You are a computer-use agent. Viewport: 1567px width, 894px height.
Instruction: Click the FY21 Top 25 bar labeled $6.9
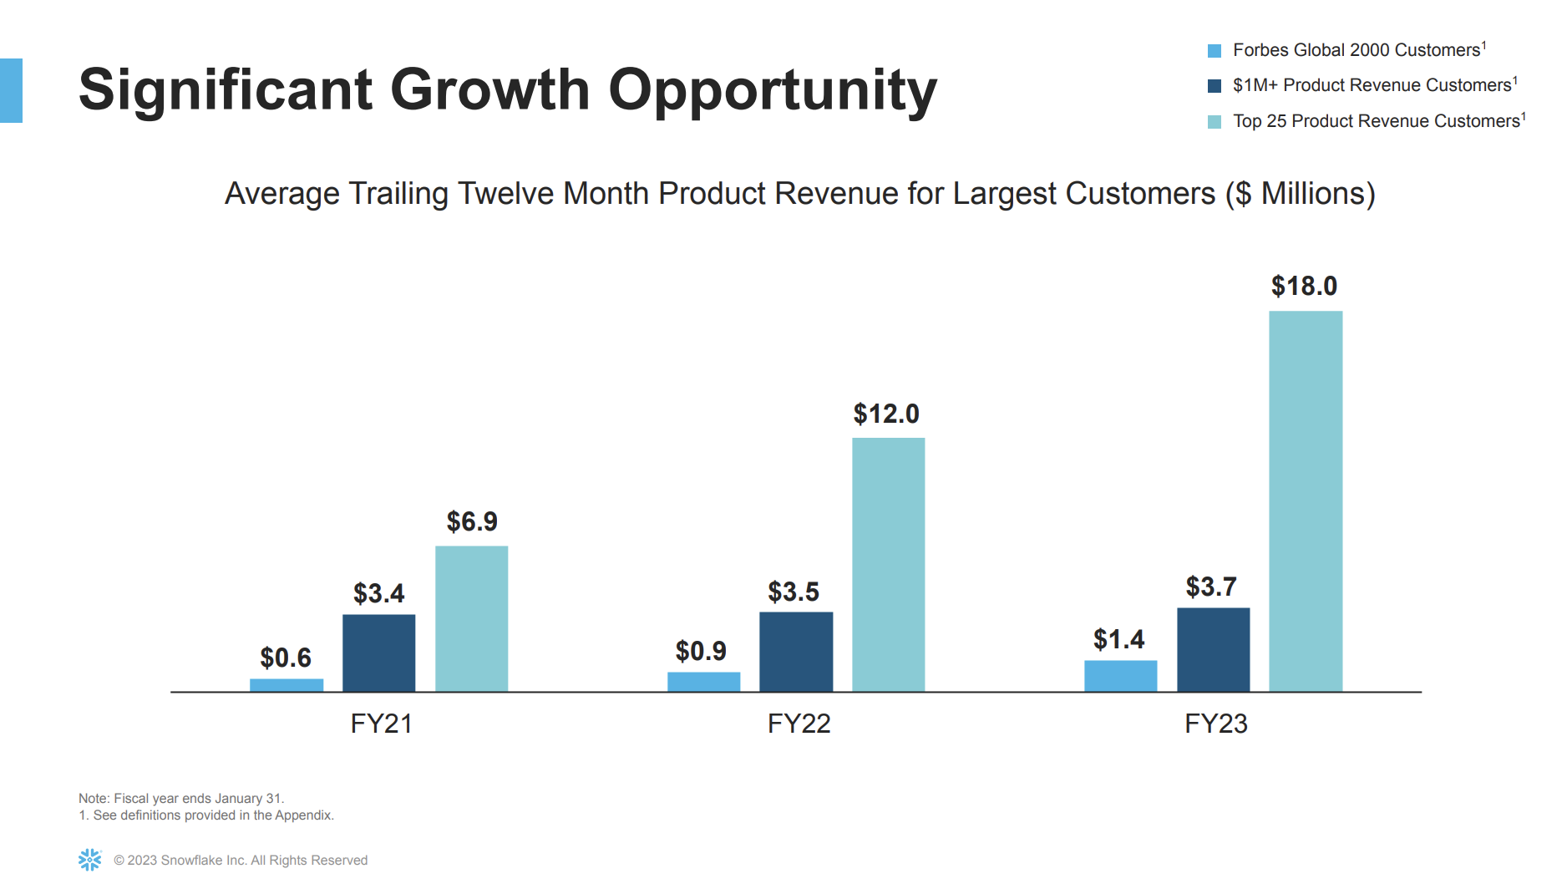(471, 618)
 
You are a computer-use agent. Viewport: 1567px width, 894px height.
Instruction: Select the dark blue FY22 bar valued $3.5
(795, 652)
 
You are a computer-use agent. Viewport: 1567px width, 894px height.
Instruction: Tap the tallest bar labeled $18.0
(1305, 501)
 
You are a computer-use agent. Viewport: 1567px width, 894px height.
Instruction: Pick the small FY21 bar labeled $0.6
(287, 685)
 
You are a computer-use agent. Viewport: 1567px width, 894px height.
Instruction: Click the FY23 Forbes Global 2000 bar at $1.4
(1120, 676)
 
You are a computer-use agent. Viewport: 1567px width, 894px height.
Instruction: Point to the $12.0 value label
(885, 414)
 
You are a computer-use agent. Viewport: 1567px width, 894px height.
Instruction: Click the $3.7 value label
(1210, 587)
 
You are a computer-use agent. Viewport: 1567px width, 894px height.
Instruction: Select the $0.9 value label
(700, 651)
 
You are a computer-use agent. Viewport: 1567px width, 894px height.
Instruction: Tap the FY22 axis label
(799, 724)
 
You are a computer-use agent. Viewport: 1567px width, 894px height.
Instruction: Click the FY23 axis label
(1215, 724)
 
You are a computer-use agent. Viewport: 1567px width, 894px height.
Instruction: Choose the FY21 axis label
(381, 724)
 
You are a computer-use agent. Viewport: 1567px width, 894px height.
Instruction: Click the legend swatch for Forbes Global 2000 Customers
(1215, 51)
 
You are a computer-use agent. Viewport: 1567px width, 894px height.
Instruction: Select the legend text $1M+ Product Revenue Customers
(1372, 85)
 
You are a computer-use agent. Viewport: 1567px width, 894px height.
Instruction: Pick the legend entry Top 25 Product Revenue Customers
(1376, 121)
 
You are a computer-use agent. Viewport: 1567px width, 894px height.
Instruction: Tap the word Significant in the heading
(226, 90)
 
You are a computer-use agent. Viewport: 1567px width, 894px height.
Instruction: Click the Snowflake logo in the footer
(89, 860)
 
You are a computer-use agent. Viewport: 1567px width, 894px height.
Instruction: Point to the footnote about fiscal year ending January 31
(181, 798)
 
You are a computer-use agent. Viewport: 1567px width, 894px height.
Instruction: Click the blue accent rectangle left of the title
(11, 90)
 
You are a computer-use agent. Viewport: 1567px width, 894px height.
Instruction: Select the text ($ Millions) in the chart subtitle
(1300, 194)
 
